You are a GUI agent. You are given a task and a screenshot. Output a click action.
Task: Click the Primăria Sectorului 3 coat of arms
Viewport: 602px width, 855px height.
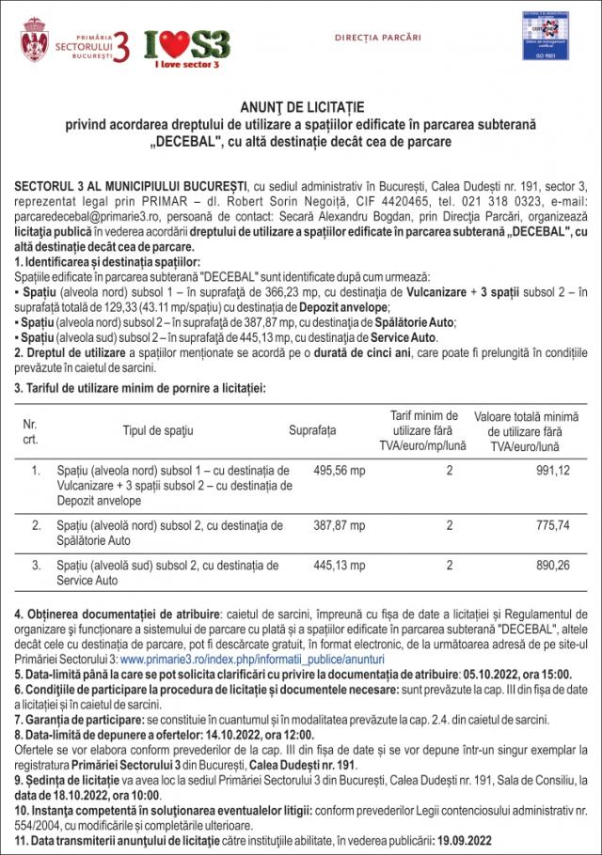35,39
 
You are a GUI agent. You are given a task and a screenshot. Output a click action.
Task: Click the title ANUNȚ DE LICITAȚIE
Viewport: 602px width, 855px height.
301,108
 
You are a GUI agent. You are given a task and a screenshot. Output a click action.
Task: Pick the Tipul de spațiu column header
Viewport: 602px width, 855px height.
158,430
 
